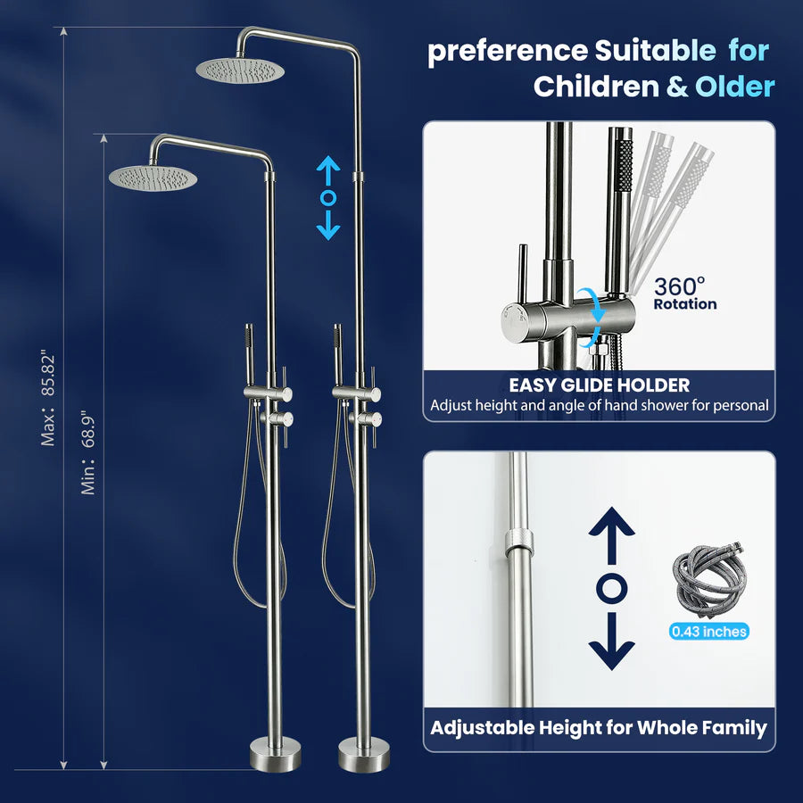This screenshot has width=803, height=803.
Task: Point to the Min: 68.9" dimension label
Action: click(x=88, y=453)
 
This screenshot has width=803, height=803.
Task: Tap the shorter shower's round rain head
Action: click(x=153, y=176)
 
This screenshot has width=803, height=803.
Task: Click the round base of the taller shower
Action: click(x=363, y=757)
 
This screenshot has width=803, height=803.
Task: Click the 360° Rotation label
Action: click(x=684, y=293)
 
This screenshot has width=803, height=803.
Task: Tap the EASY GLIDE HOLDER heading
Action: click(x=599, y=385)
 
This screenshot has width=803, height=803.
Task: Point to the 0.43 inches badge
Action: click(x=709, y=632)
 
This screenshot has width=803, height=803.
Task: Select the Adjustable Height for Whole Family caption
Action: click(x=599, y=727)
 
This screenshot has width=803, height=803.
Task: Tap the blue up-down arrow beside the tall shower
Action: click(x=328, y=198)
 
